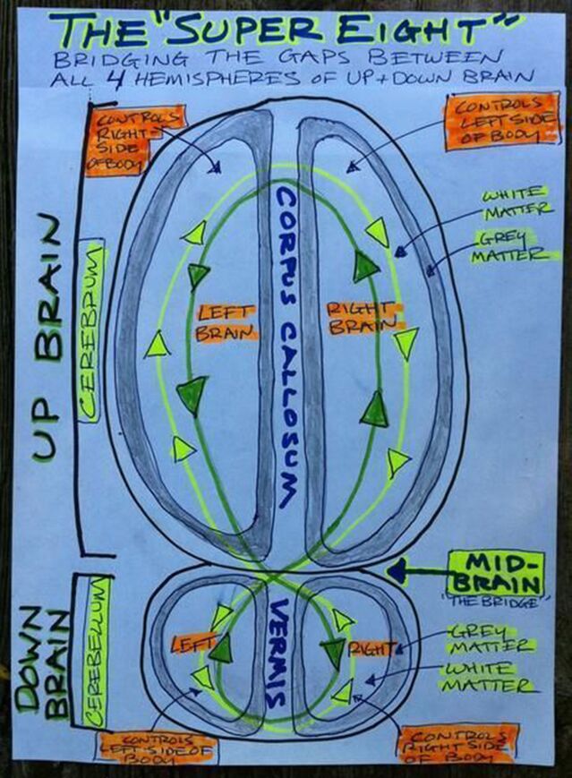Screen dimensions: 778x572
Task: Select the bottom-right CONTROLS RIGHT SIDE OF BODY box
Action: click(x=458, y=743)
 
